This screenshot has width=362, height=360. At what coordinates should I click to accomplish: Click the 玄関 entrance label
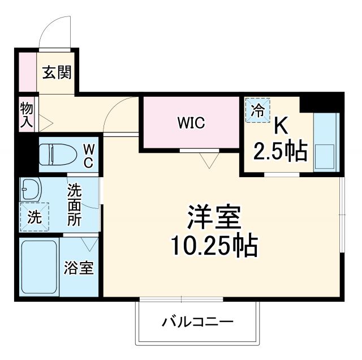pyautogui.click(x=58, y=72)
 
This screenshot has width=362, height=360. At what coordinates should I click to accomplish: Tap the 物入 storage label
pyautogui.click(x=26, y=115)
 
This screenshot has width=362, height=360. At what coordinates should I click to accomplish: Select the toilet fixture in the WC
pyautogui.click(x=57, y=153)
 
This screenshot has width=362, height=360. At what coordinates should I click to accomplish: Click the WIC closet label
pyautogui.click(x=191, y=122)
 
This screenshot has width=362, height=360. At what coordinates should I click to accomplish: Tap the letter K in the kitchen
pyautogui.click(x=281, y=126)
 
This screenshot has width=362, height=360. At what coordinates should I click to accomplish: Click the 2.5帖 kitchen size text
pyautogui.click(x=281, y=151)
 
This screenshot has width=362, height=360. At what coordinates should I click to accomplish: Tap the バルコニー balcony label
pyautogui.click(x=198, y=323)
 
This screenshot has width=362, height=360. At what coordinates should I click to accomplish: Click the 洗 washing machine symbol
pyautogui.click(x=35, y=217)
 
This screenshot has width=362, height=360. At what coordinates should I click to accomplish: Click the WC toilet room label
pyautogui.click(x=89, y=155)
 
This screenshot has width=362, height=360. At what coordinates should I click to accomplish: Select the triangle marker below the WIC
pyautogui.click(x=208, y=161)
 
